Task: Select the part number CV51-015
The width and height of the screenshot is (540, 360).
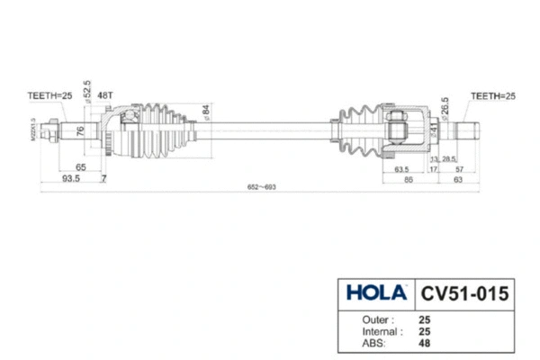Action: (x=464, y=293)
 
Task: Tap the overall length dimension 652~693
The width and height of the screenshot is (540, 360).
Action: (x=261, y=187)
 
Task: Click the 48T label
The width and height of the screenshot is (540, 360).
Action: (x=105, y=94)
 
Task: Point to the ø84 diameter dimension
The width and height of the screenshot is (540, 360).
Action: (x=205, y=112)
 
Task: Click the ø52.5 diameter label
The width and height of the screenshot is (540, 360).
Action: (x=87, y=91)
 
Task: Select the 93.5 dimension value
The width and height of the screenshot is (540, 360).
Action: (x=70, y=179)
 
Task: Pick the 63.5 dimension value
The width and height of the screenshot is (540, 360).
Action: (x=401, y=167)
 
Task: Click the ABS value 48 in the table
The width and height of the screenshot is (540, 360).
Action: (x=424, y=342)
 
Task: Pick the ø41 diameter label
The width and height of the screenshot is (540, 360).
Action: (x=432, y=130)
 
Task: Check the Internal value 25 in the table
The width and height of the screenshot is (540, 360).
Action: (x=424, y=330)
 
